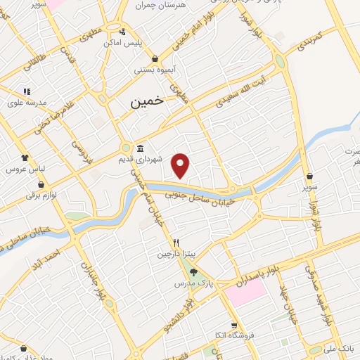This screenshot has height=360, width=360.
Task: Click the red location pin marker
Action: click(x=181, y=166)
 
